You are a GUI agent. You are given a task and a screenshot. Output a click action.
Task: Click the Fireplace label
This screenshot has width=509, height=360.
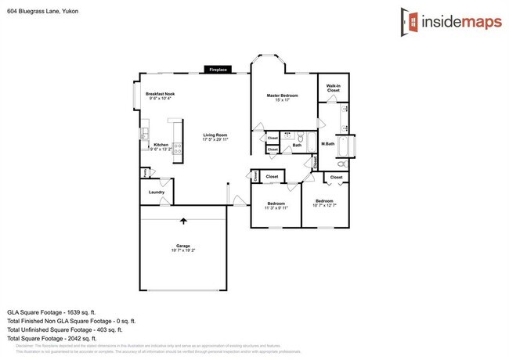[218, 70]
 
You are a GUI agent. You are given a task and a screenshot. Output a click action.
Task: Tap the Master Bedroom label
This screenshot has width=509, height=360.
[283, 95]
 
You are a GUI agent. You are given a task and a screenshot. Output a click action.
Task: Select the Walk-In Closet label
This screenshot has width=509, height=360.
[333, 88]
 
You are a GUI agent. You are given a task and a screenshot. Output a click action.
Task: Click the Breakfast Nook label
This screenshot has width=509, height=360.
[159, 93]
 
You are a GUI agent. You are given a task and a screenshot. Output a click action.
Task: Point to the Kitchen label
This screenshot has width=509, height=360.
[161, 145]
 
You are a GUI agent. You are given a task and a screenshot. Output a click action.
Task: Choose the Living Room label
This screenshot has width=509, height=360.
[215, 135]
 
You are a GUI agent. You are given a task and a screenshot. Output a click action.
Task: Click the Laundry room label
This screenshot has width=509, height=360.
[157, 192]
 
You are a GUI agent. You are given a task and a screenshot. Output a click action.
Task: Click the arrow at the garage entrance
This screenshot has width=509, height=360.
[184, 222]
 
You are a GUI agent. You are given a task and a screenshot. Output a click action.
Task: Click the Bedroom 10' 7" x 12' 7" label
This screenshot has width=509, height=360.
[323, 203]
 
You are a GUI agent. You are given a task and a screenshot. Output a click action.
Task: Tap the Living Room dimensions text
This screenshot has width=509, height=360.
[215, 139]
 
